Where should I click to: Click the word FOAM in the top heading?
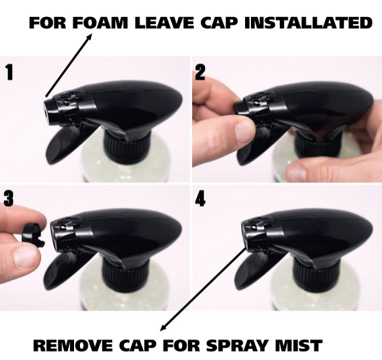pos(100,23)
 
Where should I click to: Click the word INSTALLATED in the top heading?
pos(308,23)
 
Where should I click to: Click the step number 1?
pos(9,72)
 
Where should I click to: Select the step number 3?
pos(9,198)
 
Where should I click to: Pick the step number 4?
pos(201,198)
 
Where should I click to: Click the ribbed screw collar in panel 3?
pos(123,272)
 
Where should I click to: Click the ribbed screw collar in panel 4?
pos(315,272)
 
